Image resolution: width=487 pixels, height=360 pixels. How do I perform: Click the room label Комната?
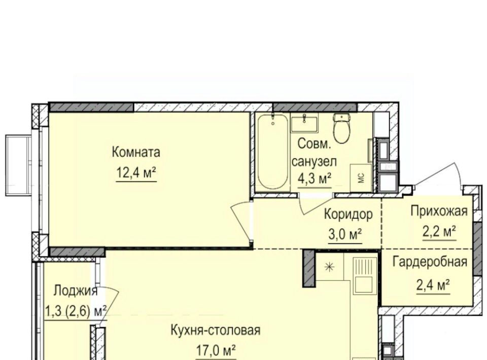[136, 153]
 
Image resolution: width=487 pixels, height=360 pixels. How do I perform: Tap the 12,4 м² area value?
[136, 172]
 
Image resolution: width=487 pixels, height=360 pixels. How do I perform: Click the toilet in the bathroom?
[342, 128]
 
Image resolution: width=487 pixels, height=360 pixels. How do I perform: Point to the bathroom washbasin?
[304, 123]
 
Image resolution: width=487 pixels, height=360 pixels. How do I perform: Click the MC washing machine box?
[361, 178]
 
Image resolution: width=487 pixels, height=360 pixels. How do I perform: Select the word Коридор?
[348, 214]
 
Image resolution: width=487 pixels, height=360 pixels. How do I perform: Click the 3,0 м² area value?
[345, 235]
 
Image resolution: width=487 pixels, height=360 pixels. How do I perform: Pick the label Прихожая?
[439, 211]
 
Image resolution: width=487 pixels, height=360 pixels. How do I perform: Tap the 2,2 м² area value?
[439, 231]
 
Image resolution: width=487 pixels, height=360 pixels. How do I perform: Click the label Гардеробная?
[430, 262]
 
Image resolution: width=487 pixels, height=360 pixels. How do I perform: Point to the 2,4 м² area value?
[433, 284]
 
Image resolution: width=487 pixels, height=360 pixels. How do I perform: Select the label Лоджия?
[76, 291]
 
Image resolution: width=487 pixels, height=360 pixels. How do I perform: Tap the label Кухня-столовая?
[216, 330]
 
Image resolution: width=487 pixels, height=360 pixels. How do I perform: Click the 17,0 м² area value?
[216, 351]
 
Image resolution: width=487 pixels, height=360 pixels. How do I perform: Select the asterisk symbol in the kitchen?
[329, 267]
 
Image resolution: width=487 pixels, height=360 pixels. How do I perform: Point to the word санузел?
[315, 161]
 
